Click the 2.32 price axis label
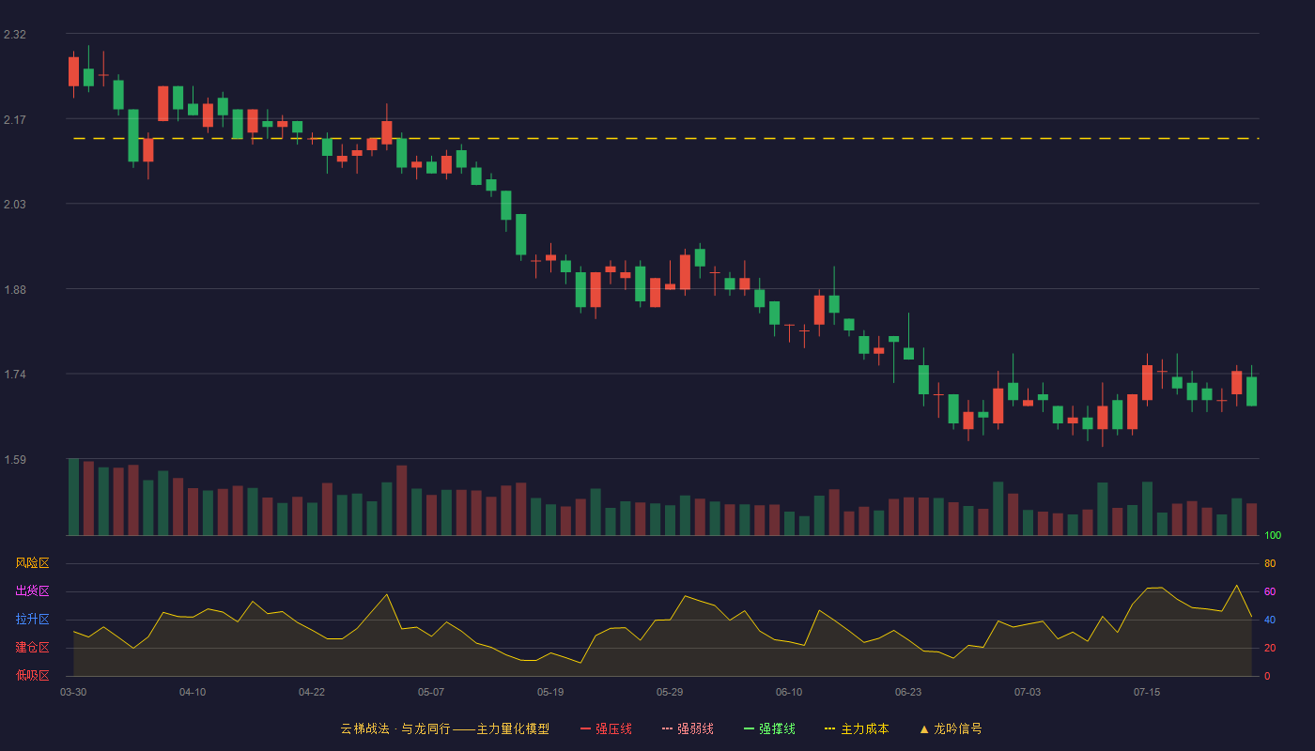pos(15,35)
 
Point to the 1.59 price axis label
pos(15,459)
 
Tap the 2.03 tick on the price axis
pos(15,205)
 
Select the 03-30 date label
pos(73,693)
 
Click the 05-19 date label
pos(550,693)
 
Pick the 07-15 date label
pos(1147,693)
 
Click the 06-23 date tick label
pos(908,693)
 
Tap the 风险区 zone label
pos(32,563)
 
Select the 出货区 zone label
pos(32,590)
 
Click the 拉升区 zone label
pos(32,619)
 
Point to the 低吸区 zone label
pos(32,675)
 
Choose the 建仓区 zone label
pos(32,647)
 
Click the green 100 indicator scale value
pos(1273,535)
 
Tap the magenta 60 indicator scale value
pos(1270,591)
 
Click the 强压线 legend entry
pos(606,728)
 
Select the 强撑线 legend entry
pos(769,728)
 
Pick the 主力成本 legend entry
pos(857,728)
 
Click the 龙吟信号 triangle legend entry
pos(951,728)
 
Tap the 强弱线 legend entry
pos(688,728)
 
